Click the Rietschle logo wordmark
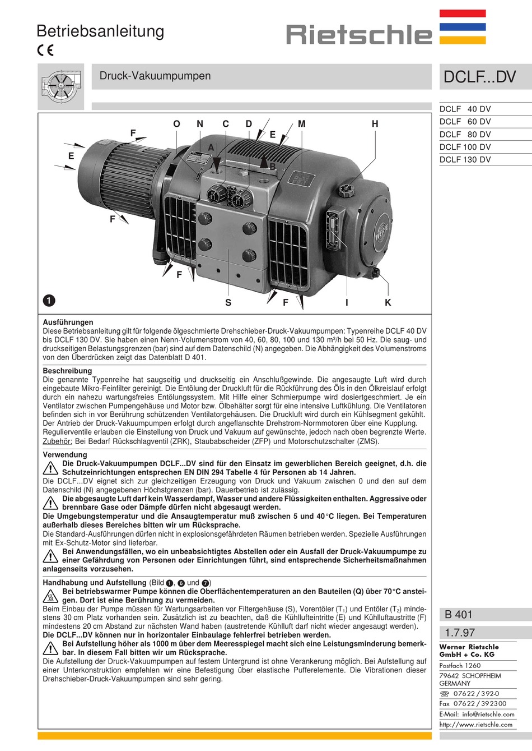pyautogui.click(x=359, y=35)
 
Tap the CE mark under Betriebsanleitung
pyautogui.click(x=45, y=50)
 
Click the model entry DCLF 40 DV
pyautogui.click(x=465, y=109)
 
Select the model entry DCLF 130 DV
pyautogui.click(x=465, y=159)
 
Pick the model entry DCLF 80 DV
pyautogui.click(x=465, y=134)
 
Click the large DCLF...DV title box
pyautogui.click(x=479, y=77)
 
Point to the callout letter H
pyautogui.click(x=375, y=124)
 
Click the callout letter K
pyautogui.click(x=388, y=302)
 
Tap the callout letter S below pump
pyautogui.click(x=228, y=302)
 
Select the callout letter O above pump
pyautogui.click(x=176, y=124)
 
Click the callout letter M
pyautogui.click(x=302, y=124)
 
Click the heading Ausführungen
pyautogui.click(x=68, y=322)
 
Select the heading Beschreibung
pyautogui.click(x=67, y=371)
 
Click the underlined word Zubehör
pyautogui.click(x=57, y=441)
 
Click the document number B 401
pyautogui.click(x=459, y=615)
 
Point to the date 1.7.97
pyautogui.click(x=460, y=633)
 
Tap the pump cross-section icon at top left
pyautogui.click(x=60, y=86)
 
